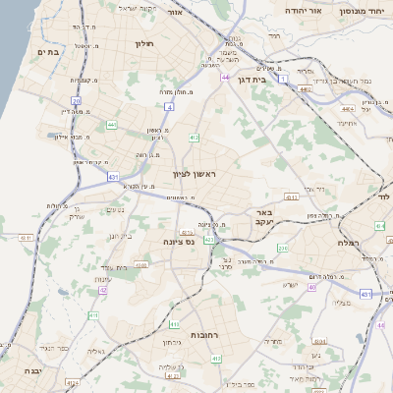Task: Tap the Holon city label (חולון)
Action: (x=143, y=43)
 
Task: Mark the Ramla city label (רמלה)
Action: (x=349, y=243)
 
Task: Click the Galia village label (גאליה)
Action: (x=95, y=351)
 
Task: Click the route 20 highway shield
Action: (x=76, y=100)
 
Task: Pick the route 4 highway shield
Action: (x=170, y=105)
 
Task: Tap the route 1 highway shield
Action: (x=284, y=78)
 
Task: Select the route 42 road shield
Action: (x=103, y=290)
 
